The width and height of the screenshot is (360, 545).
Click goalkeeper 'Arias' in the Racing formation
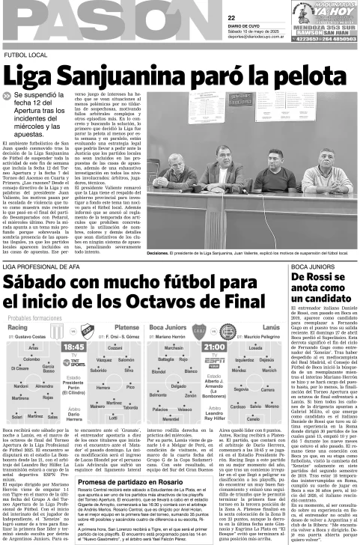click(x=33, y=348)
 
